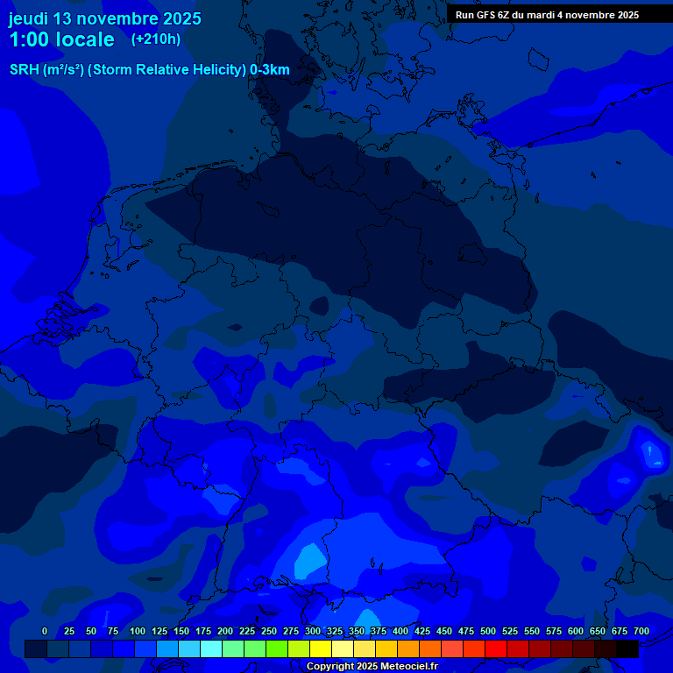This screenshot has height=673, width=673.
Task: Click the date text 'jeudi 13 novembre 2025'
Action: (104, 18)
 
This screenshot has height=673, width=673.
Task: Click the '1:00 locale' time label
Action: (61, 39)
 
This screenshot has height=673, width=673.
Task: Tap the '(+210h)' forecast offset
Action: (156, 39)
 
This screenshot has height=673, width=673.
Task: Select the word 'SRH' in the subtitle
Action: (24, 69)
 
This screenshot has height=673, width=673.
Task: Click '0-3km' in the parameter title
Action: (269, 69)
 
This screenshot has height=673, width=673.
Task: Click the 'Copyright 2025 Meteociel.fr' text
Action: (372, 667)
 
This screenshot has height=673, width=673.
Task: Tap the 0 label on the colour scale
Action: (45, 631)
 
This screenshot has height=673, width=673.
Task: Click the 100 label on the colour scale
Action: (138, 631)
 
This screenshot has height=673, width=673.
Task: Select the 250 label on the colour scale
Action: (269, 631)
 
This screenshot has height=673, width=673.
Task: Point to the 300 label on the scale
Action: (313, 631)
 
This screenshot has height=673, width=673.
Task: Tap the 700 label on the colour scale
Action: (641, 631)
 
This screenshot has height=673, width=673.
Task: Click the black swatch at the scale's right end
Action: (627, 648)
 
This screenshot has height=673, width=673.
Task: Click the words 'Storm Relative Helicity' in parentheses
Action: (167, 69)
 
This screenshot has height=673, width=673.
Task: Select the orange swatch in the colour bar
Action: (408, 648)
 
